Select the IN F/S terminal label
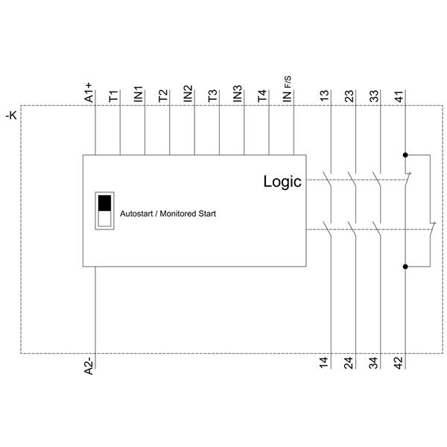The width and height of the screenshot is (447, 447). click(x=288, y=92)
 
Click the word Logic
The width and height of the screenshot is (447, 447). click(x=282, y=181)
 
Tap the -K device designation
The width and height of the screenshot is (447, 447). click(x=10, y=115)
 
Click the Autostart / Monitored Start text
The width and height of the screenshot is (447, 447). click(x=168, y=214)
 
